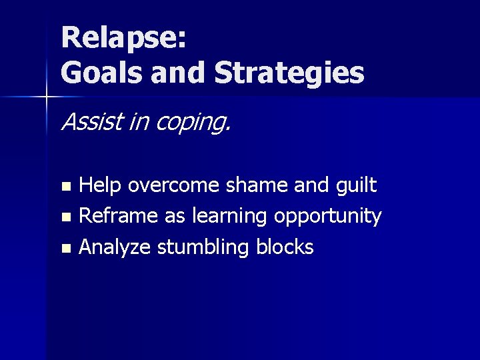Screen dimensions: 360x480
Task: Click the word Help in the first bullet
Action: (x=99, y=185)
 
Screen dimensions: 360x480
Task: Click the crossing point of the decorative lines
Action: (x=47, y=97)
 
